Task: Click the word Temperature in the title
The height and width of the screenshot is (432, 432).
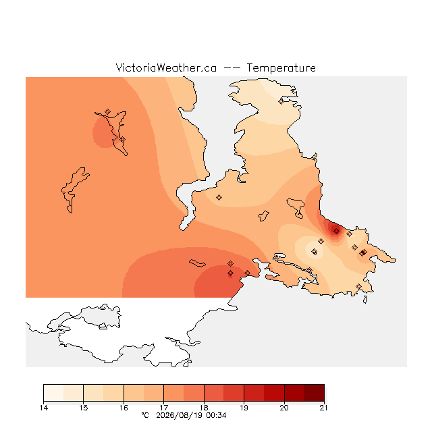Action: click(x=281, y=67)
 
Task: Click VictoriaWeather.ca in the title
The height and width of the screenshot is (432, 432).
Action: click(x=166, y=67)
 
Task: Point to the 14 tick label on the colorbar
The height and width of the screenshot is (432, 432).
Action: click(x=43, y=408)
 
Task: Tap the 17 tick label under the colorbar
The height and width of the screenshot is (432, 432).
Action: click(x=163, y=408)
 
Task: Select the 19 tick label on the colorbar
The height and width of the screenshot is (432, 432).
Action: click(x=244, y=408)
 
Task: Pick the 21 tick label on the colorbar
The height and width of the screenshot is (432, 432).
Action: click(x=324, y=408)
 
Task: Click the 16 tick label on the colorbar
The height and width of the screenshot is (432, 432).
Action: click(x=124, y=408)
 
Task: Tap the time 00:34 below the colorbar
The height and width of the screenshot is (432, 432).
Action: click(x=216, y=415)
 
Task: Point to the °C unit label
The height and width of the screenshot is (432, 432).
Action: click(x=145, y=415)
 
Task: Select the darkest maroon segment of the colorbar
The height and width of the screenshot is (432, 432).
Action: click(x=314, y=393)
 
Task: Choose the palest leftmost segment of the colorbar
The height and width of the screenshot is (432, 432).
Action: click(x=53, y=393)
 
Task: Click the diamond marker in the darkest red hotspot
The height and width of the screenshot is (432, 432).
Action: click(x=336, y=231)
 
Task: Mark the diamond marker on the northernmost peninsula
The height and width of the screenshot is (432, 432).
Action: click(x=281, y=101)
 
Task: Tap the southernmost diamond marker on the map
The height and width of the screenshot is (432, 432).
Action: click(x=358, y=286)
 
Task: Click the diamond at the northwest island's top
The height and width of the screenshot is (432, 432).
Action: click(x=108, y=111)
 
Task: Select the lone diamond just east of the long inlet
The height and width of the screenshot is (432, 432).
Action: click(x=219, y=197)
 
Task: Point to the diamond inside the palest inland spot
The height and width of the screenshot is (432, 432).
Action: click(x=315, y=251)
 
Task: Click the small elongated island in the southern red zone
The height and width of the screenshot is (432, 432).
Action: click(x=197, y=263)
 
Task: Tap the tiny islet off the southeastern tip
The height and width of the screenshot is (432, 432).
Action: click(x=365, y=300)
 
